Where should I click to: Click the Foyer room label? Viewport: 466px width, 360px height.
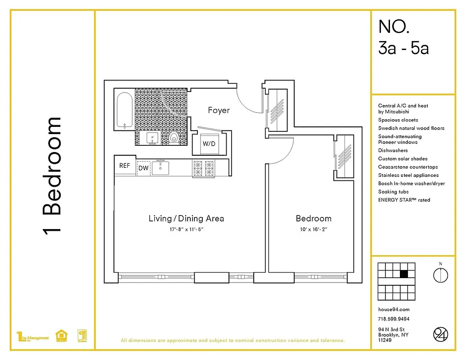coord(219,110)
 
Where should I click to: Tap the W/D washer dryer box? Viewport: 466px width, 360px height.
coord(208,144)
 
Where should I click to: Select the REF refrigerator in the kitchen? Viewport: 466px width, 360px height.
coord(125,166)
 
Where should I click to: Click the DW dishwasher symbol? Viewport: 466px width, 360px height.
coord(143,168)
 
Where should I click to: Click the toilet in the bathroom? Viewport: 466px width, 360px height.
coord(175,137)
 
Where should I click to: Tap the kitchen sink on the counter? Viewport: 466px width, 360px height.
coord(160,168)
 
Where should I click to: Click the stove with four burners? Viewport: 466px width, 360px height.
coord(203,168)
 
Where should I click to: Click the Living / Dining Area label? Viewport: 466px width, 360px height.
coord(186,219)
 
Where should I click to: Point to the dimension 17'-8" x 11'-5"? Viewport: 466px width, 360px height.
coord(186,229)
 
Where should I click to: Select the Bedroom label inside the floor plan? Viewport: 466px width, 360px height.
coord(314,219)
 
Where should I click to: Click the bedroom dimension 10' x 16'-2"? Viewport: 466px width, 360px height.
coord(314,229)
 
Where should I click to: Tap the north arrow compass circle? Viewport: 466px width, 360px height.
coord(440,274)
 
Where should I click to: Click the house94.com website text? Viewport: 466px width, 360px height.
coord(394,310)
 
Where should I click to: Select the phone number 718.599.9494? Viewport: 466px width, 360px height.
coord(394,319)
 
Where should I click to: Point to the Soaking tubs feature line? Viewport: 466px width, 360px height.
coord(394,192)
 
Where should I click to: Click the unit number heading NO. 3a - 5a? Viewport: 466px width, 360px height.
coord(403,37)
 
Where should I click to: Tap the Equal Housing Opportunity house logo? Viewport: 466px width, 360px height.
coord(61,336)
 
